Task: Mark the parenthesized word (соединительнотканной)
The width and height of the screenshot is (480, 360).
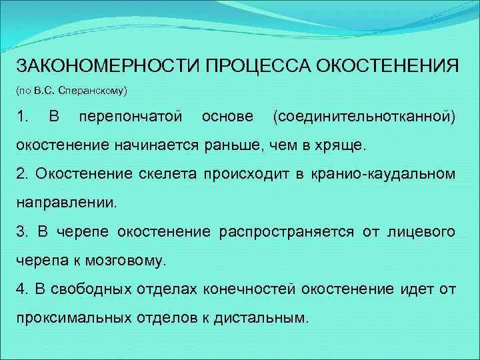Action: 365,117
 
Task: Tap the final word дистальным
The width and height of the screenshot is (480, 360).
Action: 261,317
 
